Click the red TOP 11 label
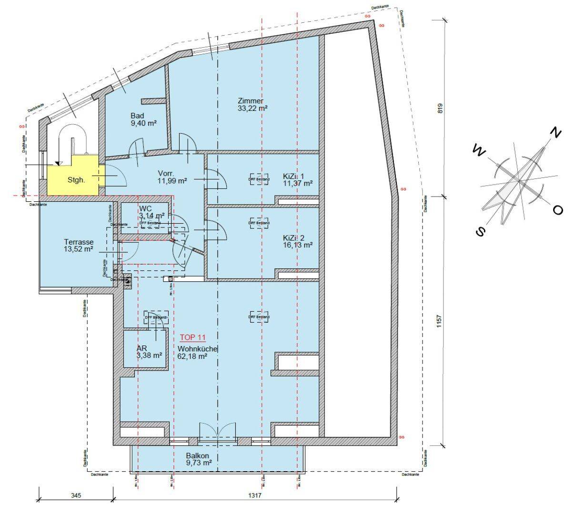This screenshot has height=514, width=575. click(192, 337)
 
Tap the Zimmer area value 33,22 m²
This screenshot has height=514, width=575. click(252, 109)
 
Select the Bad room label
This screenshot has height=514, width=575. click(137, 116)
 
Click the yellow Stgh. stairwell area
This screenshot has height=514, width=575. click(76, 180)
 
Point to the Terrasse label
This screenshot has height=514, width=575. click(79, 242)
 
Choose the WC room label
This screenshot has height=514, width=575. click(145, 208)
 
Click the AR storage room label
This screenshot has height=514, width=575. click(141, 348)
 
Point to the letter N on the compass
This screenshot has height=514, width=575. click(555, 133)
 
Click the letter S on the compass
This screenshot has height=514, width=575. click(481, 231)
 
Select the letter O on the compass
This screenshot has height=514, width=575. click(558, 210)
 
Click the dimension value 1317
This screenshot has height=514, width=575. click(255, 495)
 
